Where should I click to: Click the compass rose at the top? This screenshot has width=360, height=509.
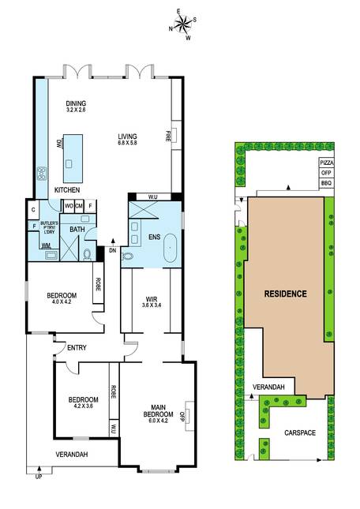pyautogui.click(x=182, y=24)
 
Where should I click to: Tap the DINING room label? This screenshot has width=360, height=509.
pyautogui.click(x=76, y=103)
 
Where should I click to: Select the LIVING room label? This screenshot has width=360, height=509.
pyautogui.click(x=127, y=137)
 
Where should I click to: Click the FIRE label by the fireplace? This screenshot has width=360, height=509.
pyautogui.click(x=168, y=136)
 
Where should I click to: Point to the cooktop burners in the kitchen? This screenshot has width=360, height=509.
pyautogui.click(x=42, y=174)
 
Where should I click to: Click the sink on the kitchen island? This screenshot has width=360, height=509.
pyautogui.click(x=69, y=163)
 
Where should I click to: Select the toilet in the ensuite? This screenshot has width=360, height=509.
pyautogui.click(x=127, y=256)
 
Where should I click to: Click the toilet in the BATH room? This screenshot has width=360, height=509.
pyautogui.click(x=88, y=255)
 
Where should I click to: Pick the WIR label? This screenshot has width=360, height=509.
pyautogui.click(x=152, y=299)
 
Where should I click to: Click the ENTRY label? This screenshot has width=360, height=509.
pyautogui.click(x=77, y=348)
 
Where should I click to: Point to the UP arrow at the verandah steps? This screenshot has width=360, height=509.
pyautogui.click(x=39, y=470)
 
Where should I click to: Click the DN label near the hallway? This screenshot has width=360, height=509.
pyautogui.click(x=113, y=251)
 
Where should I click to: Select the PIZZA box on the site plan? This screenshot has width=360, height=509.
pyautogui.click(x=327, y=163)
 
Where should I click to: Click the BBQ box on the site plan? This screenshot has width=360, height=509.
pyautogui.click(x=327, y=183)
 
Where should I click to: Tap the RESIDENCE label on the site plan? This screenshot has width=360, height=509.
pyautogui.click(x=285, y=294)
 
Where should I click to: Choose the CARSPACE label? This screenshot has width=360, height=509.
pyautogui.click(x=300, y=432)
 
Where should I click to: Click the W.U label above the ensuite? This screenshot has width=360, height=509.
pyautogui.click(x=153, y=196)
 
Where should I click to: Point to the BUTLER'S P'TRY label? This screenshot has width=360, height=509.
pyautogui.click(x=49, y=225)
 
